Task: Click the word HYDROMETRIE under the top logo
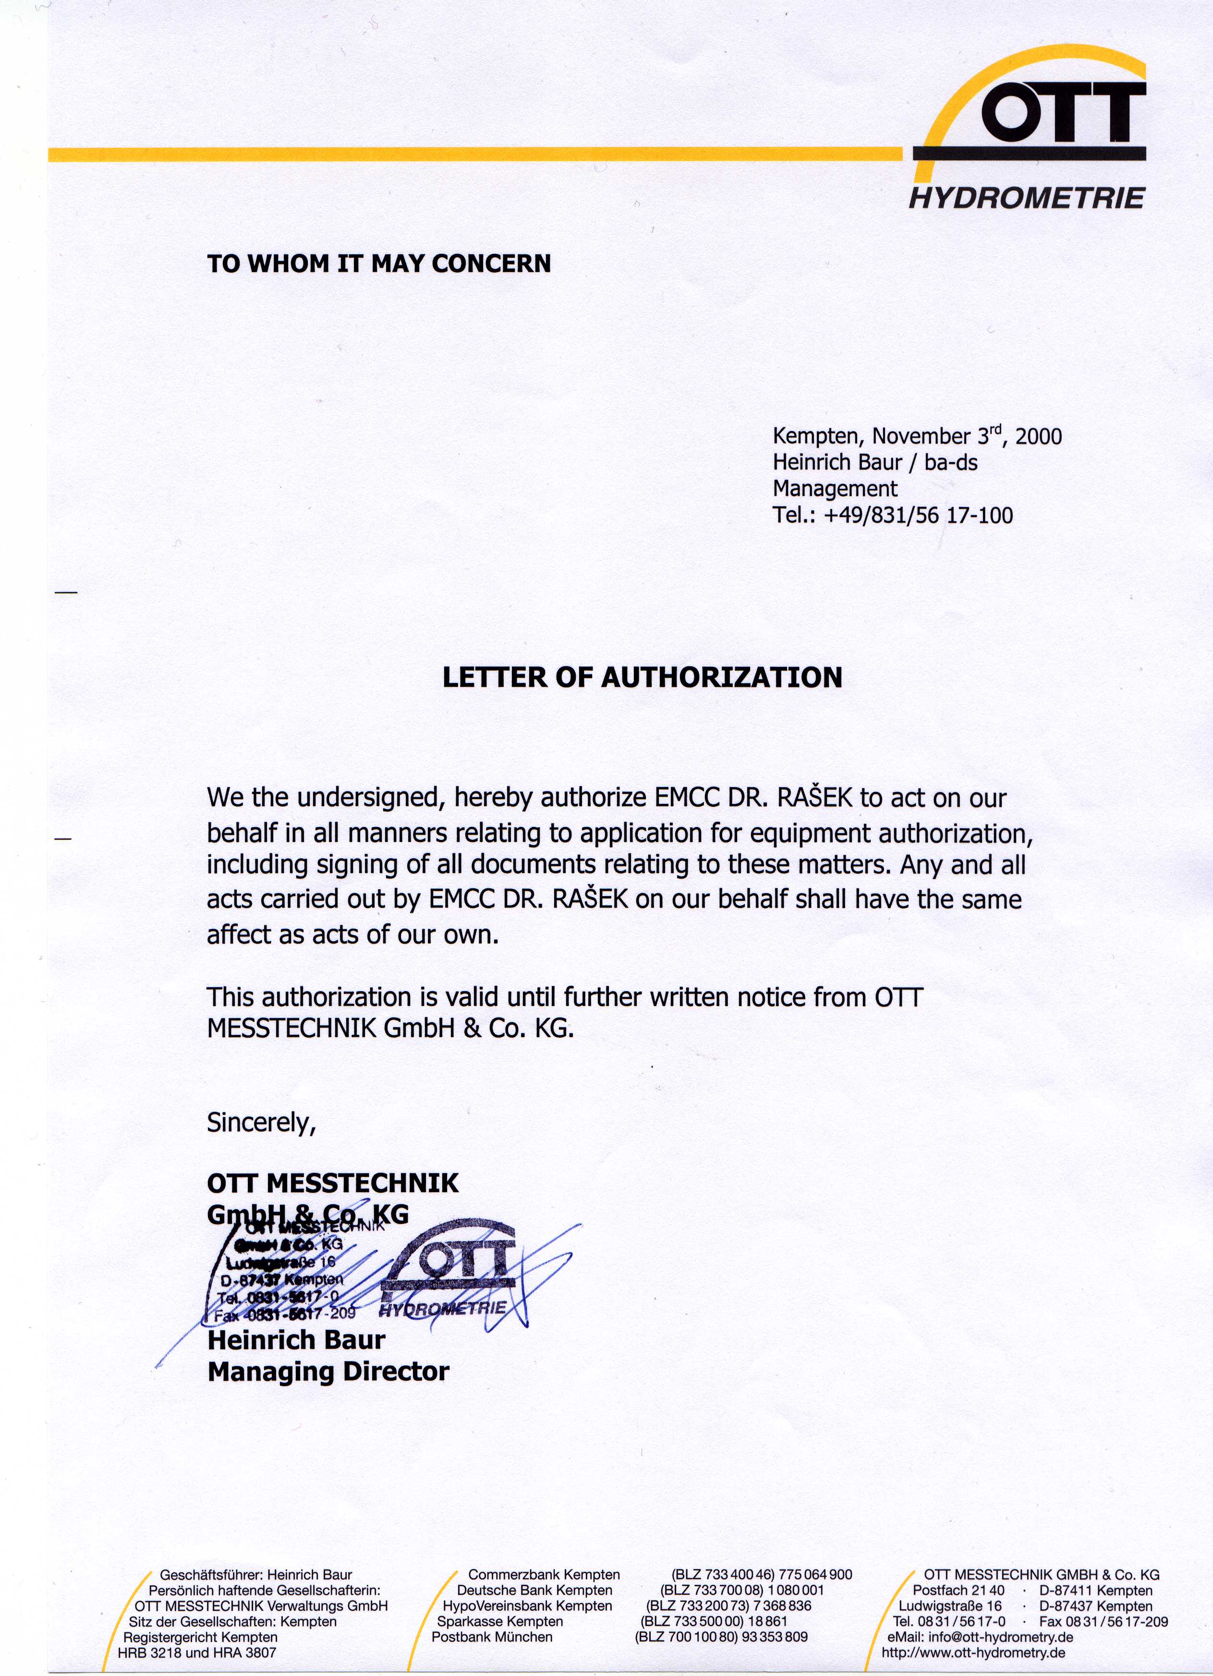coord(1026,199)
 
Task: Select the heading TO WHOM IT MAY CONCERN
coord(379,264)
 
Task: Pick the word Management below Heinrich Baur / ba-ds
coord(835,489)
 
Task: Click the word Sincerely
coord(261,1123)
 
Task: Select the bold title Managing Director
coord(328,1372)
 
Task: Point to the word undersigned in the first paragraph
coord(370,798)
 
